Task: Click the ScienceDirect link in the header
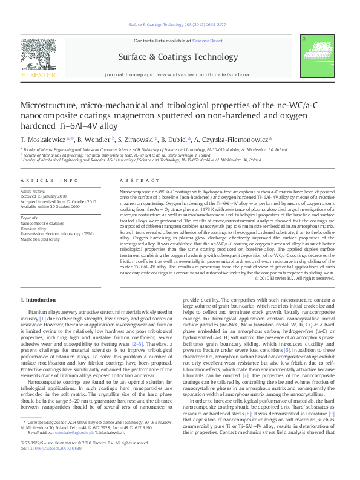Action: [208, 41]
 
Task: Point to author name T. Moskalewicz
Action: [45, 138]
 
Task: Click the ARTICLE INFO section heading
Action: [50, 181]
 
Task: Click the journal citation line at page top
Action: [180, 25]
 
